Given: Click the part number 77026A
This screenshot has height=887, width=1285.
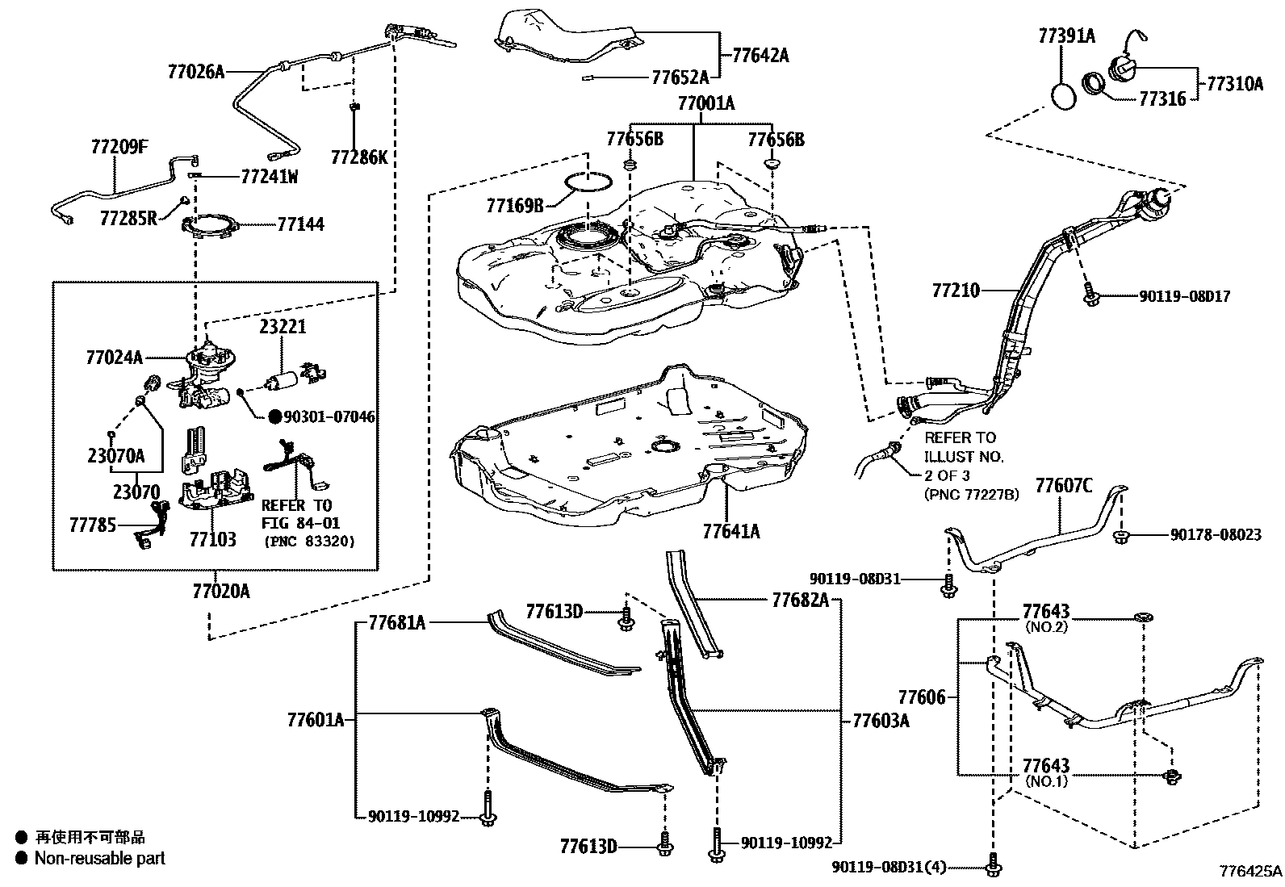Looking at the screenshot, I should [x=195, y=71].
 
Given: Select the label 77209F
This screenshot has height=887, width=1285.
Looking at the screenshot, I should [x=119, y=147].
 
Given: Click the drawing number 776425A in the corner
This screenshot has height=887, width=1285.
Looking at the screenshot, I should [x=1250, y=872].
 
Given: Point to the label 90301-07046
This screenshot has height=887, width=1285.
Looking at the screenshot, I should [x=329, y=417].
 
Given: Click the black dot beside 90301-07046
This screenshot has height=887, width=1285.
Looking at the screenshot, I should [x=274, y=417].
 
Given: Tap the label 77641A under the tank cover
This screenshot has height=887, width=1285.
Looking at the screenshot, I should [x=731, y=531].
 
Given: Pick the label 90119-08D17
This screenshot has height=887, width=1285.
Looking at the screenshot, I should [x=1184, y=297].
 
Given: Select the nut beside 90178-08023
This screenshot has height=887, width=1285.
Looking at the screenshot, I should [x=1120, y=535].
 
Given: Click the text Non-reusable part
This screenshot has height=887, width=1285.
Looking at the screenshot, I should [x=99, y=858].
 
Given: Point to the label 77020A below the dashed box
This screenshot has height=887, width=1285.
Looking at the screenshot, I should [x=221, y=592].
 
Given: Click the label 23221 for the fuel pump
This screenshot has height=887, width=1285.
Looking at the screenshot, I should [x=283, y=328].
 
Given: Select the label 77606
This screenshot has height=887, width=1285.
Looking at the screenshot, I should [x=921, y=696].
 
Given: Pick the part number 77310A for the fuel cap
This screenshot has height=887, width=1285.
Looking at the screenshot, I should [x=1235, y=83].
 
